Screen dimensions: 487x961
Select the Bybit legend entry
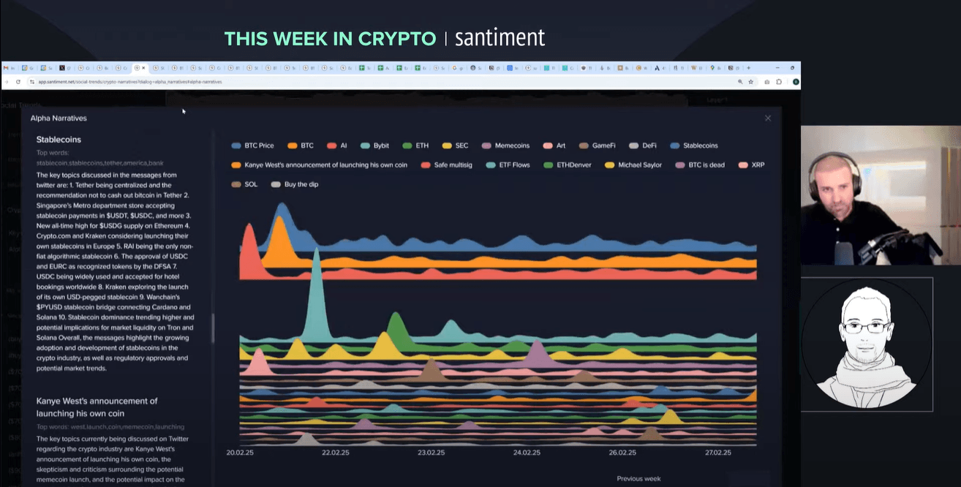pos(375,146)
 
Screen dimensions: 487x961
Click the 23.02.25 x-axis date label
pos(431,453)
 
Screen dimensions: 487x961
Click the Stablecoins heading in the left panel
pos(59,140)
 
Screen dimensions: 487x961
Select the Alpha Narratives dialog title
pos(59,118)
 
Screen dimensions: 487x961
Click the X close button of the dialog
pos(768,118)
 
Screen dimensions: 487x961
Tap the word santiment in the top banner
pos(500,38)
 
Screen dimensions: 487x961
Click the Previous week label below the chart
pos(638,479)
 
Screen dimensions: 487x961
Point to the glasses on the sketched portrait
pos(865,327)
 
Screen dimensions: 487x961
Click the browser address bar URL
pos(129,82)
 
